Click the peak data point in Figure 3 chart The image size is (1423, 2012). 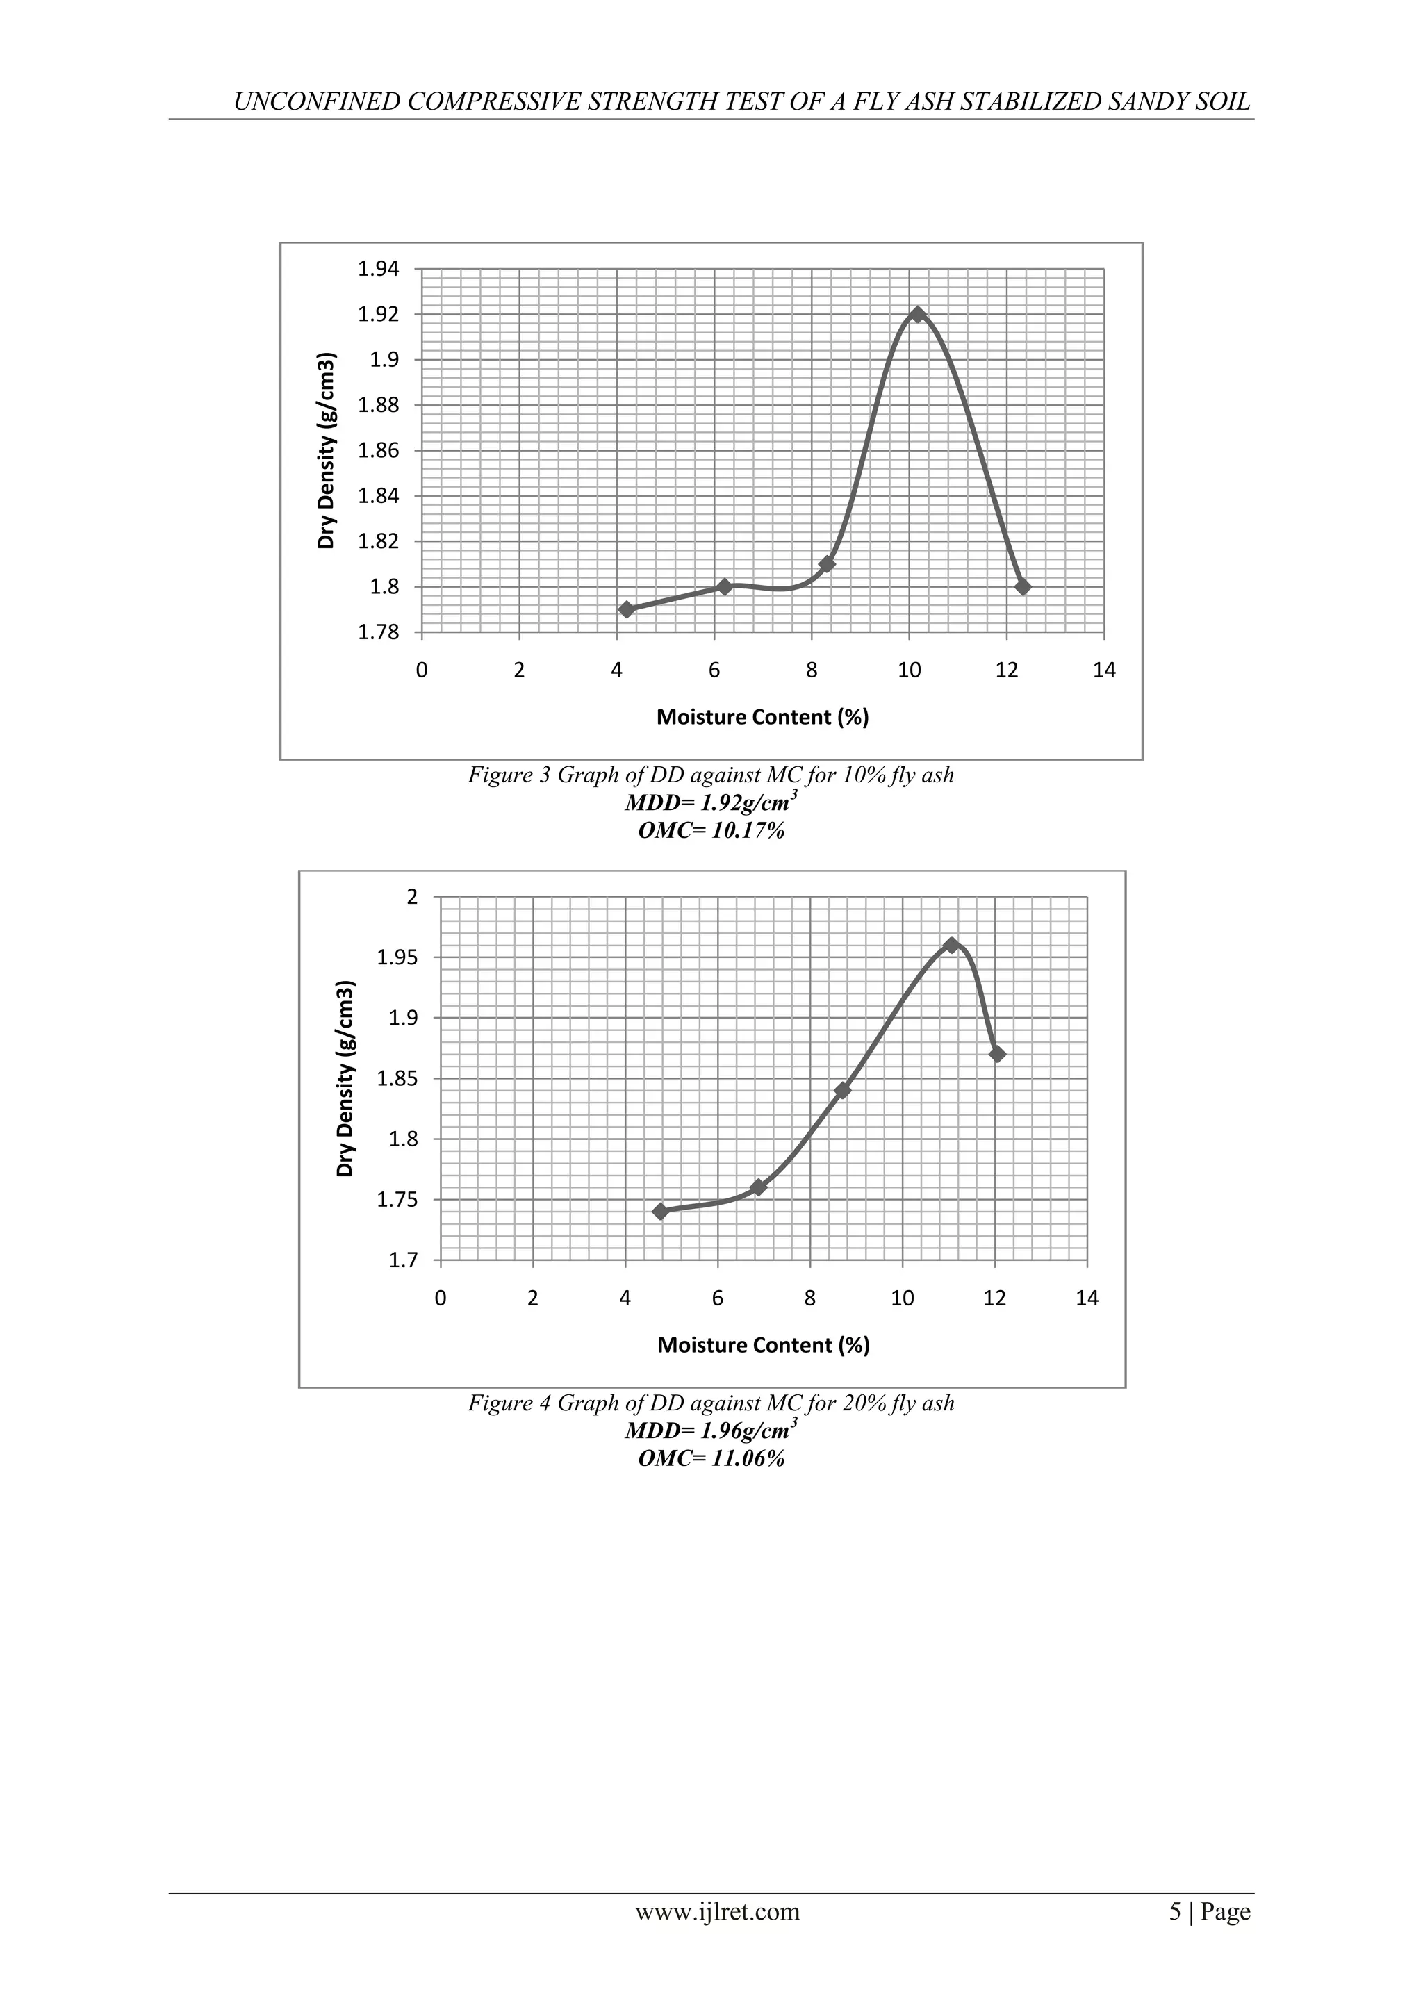click(917, 315)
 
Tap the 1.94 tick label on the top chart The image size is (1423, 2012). click(378, 269)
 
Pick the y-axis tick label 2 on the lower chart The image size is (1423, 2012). click(413, 896)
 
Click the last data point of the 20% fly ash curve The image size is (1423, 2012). click(997, 1054)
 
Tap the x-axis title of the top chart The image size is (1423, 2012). click(762, 718)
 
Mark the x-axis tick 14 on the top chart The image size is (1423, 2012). click(1104, 670)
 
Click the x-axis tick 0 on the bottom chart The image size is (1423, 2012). click(441, 1298)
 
